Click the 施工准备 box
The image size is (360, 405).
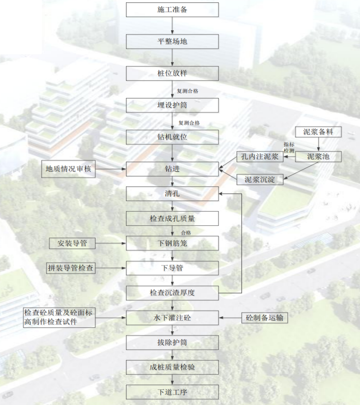172,9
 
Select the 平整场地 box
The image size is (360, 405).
172,41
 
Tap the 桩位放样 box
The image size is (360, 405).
172,73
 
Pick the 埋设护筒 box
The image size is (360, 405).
172,105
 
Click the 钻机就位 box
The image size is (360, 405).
172,137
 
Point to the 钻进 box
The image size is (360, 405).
172,169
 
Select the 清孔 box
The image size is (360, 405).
172,194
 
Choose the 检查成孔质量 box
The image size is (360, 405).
172,218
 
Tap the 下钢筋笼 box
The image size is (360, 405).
172,243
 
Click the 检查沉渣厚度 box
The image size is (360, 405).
172,293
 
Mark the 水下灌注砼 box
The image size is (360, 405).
172,317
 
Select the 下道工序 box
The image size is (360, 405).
172,392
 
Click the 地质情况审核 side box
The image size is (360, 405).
68,169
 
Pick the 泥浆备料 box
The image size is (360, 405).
318,132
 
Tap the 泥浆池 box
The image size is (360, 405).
318,156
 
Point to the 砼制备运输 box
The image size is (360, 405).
265,317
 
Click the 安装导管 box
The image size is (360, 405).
72,243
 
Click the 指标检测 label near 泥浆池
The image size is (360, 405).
289,147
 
